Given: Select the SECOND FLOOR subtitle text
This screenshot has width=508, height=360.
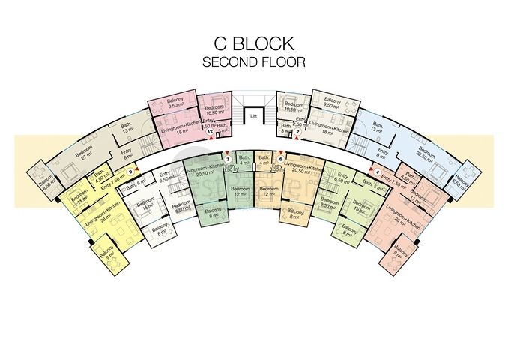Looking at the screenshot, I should (x=254, y=62).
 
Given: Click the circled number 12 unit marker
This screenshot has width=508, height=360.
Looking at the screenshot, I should (x=211, y=132).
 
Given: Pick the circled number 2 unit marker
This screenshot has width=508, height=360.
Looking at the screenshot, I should (x=297, y=132).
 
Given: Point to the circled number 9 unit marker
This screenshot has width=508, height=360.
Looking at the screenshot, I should (x=130, y=172).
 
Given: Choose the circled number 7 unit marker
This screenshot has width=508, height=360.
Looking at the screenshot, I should (x=228, y=158).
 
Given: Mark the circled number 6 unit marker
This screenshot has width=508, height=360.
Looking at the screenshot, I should (x=280, y=158).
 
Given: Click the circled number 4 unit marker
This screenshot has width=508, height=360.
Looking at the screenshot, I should (x=377, y=172).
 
